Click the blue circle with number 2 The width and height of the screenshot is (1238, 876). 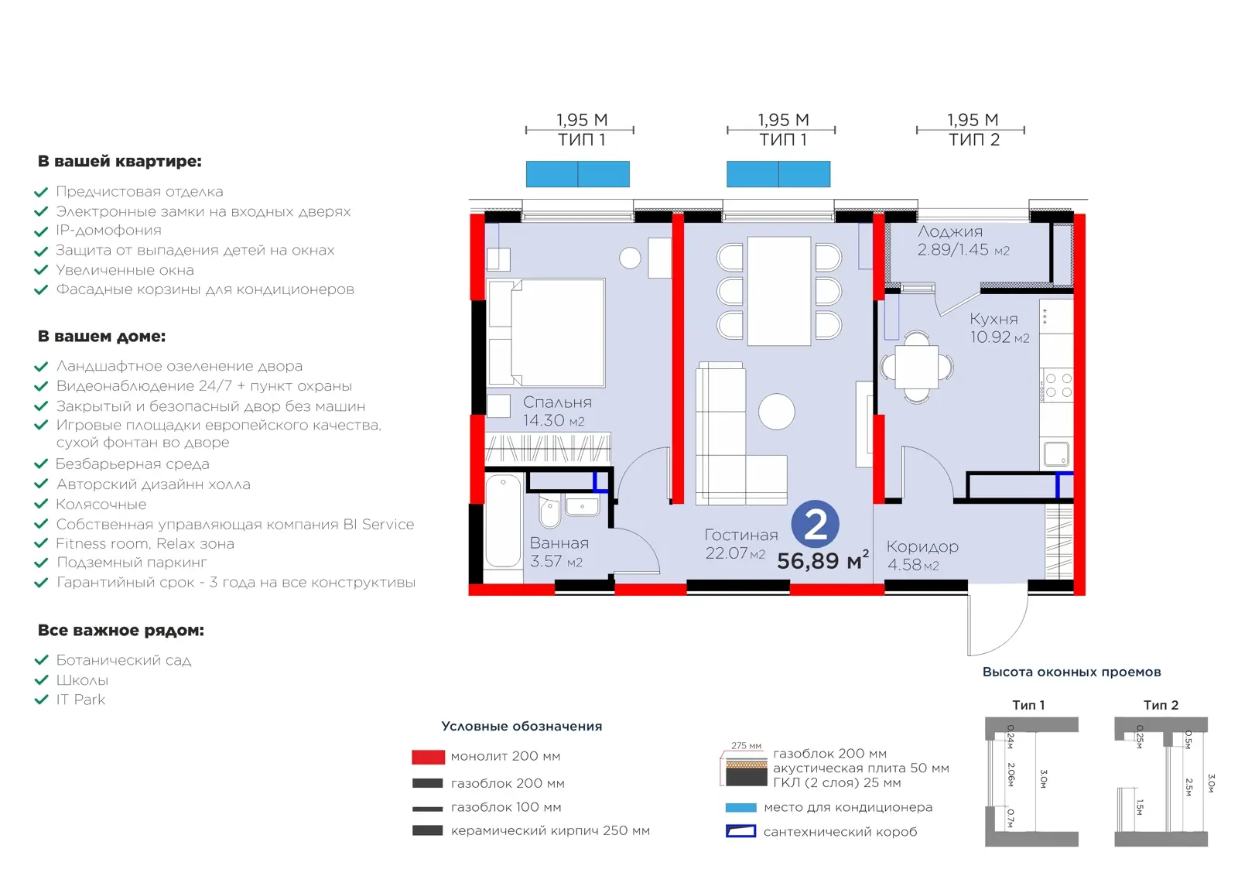pyautogui.click(x=816, y=524)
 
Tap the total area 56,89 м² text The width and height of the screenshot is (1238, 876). pyautogui.click(x=823, y=560)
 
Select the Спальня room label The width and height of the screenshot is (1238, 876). pyautogui.click(x=557, y=402)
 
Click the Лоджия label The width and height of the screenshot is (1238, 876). pyautogui.click(x=950, y=231)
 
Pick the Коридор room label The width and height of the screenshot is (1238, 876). pyautogui.click(x=922, y=546)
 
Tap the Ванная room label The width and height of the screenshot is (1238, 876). pyautogui.click(x=559, y=542)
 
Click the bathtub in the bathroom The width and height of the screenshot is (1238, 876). pyautogui.click(x=504, y=521)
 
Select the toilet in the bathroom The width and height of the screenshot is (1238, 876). pyautogui.click(x=550, y=512)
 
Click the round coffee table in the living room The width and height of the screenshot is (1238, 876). pyautogui.click(x=777, y=412)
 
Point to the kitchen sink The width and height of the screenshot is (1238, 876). pyautogui.click(x=1056, y=453)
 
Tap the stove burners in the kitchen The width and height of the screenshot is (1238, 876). pyautogui.click(x=1058, y=385)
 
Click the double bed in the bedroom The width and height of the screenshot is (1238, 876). pyautogui.click(x=547, y=332)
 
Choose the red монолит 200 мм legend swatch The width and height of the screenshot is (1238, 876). pyautogui.click(x=428, y=757)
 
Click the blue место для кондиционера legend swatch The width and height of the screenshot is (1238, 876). pyautogui.click(x=740, y=807)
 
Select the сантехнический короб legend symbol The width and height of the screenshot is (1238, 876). pyautogui.click(x=740, y=831)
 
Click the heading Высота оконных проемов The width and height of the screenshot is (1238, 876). pyautogui.click(x=1072, y=672)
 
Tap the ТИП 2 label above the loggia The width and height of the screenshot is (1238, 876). pyautogui.click(x=974, y=140)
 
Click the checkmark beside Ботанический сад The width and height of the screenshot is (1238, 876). pyautogui.click(x=42, y=660)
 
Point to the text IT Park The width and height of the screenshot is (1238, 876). pyautogui.click(x=80, y=700)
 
